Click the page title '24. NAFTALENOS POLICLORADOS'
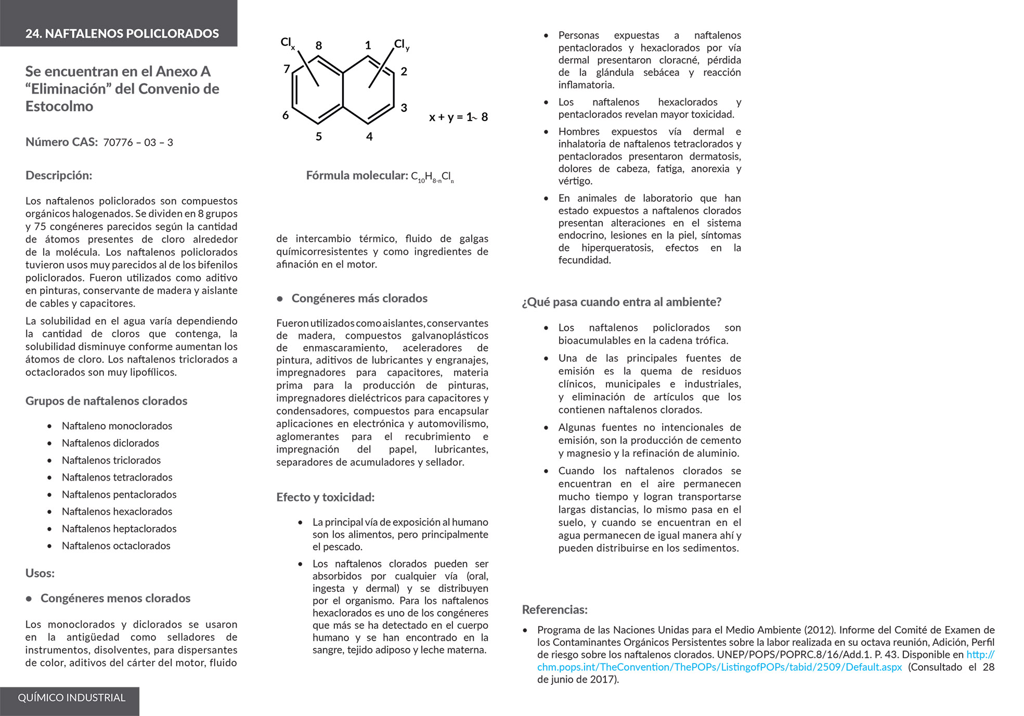point(122,34)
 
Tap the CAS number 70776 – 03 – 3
point(138,142)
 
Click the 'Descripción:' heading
point(59,176)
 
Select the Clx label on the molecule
point(287,43)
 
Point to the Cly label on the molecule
point(401,45)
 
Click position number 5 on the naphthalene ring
point(319,137)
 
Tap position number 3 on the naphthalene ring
point(404,108)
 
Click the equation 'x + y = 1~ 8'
point(458,117)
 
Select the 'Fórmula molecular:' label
point(357,176)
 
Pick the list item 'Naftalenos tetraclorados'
point(117,478)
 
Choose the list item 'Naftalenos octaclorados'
point(116,546)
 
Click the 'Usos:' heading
point(40,574)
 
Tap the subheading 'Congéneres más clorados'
point(359,299)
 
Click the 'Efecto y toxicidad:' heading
point(326,498)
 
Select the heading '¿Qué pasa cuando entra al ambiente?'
point(621,302)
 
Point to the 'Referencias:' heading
point(555,610)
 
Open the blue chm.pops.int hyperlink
point(719,668)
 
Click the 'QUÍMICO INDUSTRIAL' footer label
point(72,698)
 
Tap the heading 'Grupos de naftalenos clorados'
point(106,401)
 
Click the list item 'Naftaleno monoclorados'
point(117,426)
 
